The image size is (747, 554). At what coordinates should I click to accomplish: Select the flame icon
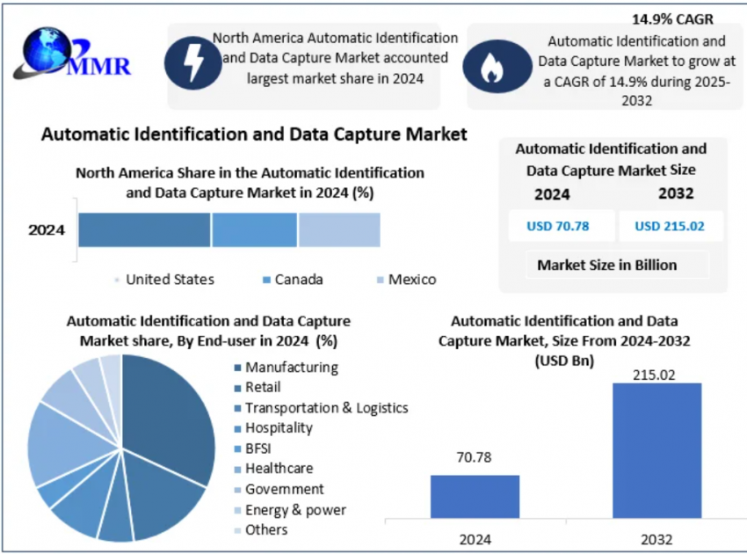(491, 67)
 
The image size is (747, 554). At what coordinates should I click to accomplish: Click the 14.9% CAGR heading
(672, 18)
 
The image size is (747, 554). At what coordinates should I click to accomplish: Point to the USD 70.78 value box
(558, 226)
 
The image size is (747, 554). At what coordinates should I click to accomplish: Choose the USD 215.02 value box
(671, 226)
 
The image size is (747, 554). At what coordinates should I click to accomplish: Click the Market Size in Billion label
(607, 265)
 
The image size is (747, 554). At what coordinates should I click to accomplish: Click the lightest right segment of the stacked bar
(339, 230)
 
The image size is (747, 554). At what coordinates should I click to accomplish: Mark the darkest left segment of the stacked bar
(144, 230)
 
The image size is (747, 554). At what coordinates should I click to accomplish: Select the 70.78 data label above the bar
(475, 458)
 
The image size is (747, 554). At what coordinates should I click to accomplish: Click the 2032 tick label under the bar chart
(656, 537)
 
